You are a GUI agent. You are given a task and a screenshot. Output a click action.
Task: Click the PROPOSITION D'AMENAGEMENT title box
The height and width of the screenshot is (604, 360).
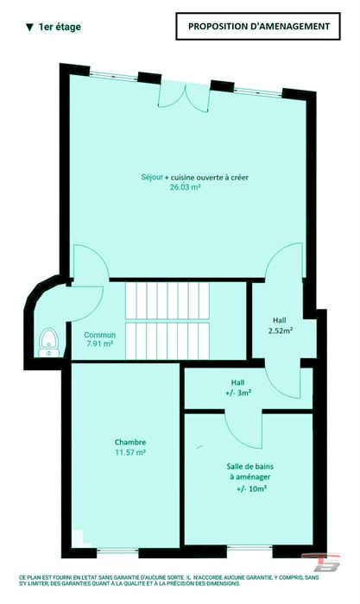click(x=258, y=26)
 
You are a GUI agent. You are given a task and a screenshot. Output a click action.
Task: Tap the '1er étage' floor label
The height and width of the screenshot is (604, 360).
click(x=60, y=27)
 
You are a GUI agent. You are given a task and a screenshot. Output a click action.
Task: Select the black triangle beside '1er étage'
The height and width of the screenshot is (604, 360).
click(x=29, y=28)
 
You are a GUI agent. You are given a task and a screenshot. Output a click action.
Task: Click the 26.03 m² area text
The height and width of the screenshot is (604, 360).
click(x=186, y=187)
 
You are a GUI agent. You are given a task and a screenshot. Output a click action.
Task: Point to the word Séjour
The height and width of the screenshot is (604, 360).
click(x=152, y=177)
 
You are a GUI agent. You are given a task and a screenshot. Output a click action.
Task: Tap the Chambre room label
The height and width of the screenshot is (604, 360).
click(x=130, y=442)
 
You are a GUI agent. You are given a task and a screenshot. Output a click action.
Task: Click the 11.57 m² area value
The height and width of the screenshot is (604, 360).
click(x=130, y=452)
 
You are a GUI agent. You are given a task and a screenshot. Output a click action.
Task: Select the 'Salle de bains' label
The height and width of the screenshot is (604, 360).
click(x=250, y=467)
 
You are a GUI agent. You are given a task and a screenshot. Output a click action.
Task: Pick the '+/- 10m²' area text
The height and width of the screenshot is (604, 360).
click(x=252, y=489)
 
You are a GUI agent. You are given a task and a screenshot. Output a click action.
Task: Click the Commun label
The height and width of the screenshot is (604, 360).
click(x=100, y=335)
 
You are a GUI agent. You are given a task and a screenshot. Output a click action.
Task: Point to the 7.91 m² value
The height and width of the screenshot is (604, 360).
click(x=100, y=343)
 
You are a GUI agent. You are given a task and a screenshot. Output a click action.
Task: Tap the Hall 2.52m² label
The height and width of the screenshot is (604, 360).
click(x=280, y=325)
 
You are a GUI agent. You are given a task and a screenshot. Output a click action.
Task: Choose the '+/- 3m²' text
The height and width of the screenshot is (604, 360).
click(x=238, y=393)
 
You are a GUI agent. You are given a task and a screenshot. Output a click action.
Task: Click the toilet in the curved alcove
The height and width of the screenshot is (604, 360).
click(x=48, y=342)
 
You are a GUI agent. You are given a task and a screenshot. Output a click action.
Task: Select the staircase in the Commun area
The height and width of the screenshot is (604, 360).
click(x=167, y=321)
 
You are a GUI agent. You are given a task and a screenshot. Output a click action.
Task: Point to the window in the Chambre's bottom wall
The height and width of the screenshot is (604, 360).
click(x=117, y=551)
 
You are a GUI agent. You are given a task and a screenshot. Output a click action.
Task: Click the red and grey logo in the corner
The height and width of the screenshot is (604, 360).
click(x=320, y=562)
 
